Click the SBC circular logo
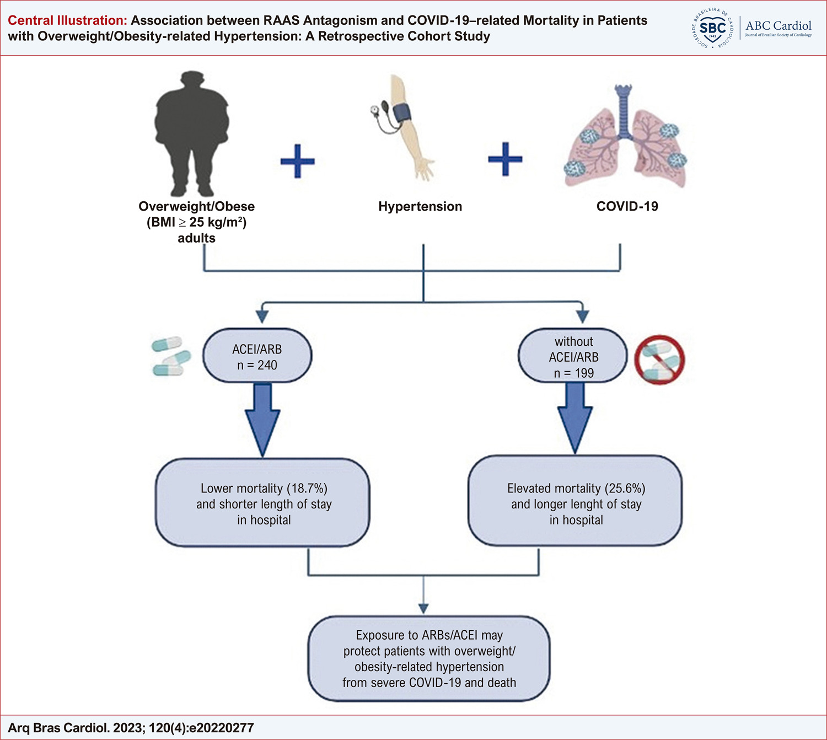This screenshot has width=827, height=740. [x=712, y=28]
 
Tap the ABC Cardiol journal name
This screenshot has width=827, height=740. [x=778, y=26]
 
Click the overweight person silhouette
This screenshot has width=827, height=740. [x=192, y=133]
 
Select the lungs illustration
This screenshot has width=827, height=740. [x=626, y=137]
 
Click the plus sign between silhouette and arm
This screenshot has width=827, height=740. [x=298, y=161]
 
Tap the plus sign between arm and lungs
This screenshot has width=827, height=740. [x=506, y=159]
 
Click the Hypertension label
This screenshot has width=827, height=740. [x=420, y=206]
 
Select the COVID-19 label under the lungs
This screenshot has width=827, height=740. [x=627, y=206]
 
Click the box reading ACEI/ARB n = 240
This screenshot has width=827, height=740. [x=257, y=356]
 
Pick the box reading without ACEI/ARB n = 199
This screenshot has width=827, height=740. [x=573, y=356]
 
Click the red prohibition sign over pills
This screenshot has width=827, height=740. [x=659, y=360]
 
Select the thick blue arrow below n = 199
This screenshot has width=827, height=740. [x=575, y=418]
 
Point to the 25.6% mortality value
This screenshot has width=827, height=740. [x=625, y=489]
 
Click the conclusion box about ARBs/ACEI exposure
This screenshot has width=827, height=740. [x=429, y=659]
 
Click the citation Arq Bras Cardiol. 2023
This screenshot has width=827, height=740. [x=131, y=728]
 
